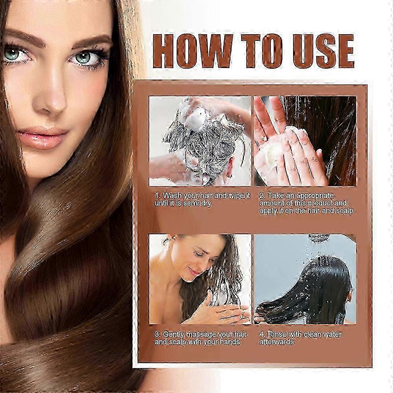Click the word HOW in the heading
[x=193, y=51]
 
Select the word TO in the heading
[x=262, y=51]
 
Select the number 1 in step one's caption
[x=157, y=196]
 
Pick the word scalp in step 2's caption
[x=345, y=211]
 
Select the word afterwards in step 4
[x=277, y=342]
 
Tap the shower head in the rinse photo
[x=319, y=237]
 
